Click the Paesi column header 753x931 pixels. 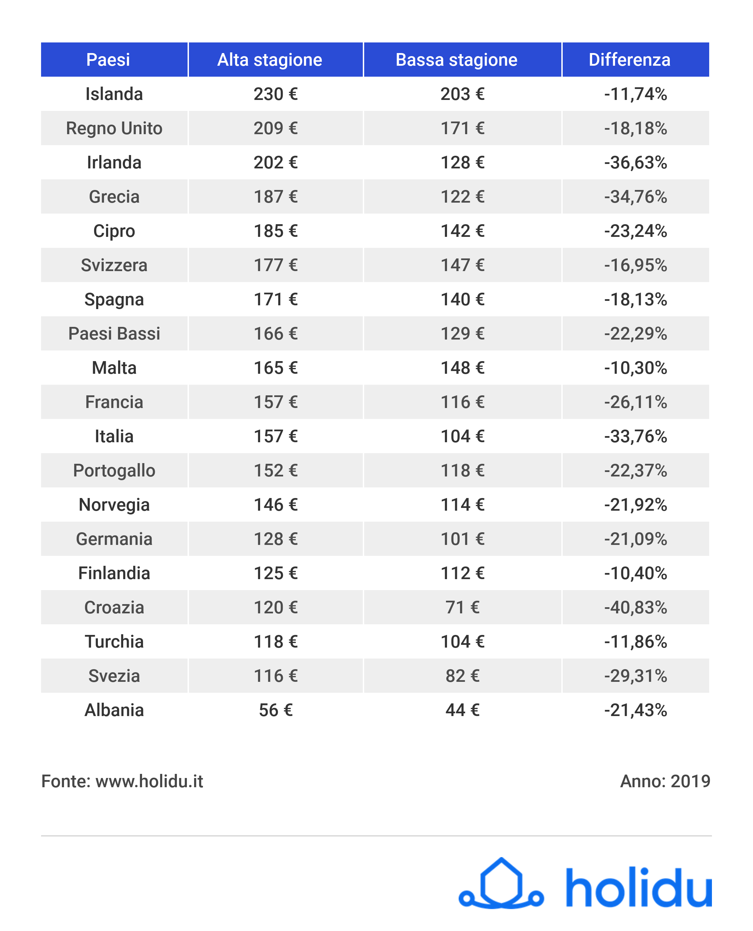pyautogui.click(x=108, y=60)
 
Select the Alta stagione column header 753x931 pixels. pyautogui.click(x=269, y=60)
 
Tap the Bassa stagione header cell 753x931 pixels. pyautogui.click(x=456, y=60)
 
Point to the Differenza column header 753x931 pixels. pyautogui.click(x=629, y=60)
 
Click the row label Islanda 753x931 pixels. pyautogui.click(x=114, y=94)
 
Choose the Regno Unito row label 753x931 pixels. pyautogui.click(x=114, y=128)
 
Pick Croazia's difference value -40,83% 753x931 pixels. pyautogui.click(x=636, y=607)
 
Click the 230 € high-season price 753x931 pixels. pyautogui.click(x=276, y=94)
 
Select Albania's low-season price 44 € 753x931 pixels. pyautogui.click(x=462, y=710)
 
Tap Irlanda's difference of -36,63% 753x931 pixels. pyautogui.click(x=636, y=163)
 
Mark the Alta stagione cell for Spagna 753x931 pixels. pyautogui.click(x=276, y=299)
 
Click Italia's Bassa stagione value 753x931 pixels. pyautogui.click(x=462, y=436)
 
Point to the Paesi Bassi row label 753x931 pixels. pyautogui.click(x=114, y=334)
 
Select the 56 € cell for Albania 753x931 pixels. pyautogui.click(x=276, y=710)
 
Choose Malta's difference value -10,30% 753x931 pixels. pyautogui.click(x=636, y=368)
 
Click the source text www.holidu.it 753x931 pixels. pyautogui.click(x=149, y=781)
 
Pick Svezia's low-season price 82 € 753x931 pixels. pyautogui.click(x=462, y=676)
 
